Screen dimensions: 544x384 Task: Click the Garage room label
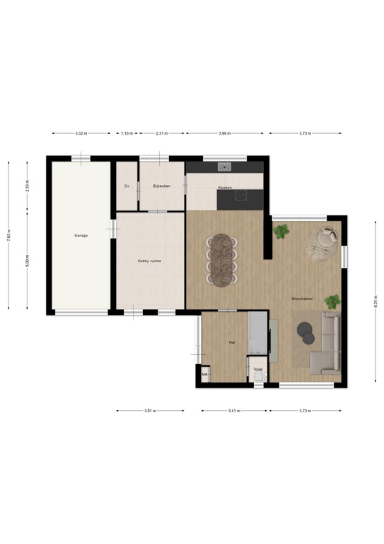coord(81,235)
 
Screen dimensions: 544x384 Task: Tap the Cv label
coord(127,186)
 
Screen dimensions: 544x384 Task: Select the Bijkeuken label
coord(162,186)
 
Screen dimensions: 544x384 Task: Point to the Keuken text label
coord(225,187)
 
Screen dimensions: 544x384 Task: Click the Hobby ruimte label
coord(149,261)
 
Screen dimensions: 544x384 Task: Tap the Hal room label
coord(231,342)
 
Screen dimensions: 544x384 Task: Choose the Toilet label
coord(257,369)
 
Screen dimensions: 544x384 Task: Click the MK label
coord(204,375)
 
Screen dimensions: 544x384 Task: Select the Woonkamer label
coord(303,300)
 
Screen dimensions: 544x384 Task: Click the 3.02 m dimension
coord(81,133)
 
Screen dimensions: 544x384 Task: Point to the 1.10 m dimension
coord(126,133)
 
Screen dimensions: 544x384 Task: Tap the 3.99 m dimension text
coord(223,133)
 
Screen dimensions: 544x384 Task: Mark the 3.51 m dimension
coord(149,410)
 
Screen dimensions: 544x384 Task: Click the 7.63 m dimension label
coord(8,234)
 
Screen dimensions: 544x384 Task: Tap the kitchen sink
coord(225,167)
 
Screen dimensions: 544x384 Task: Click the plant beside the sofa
coord(332,301)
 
